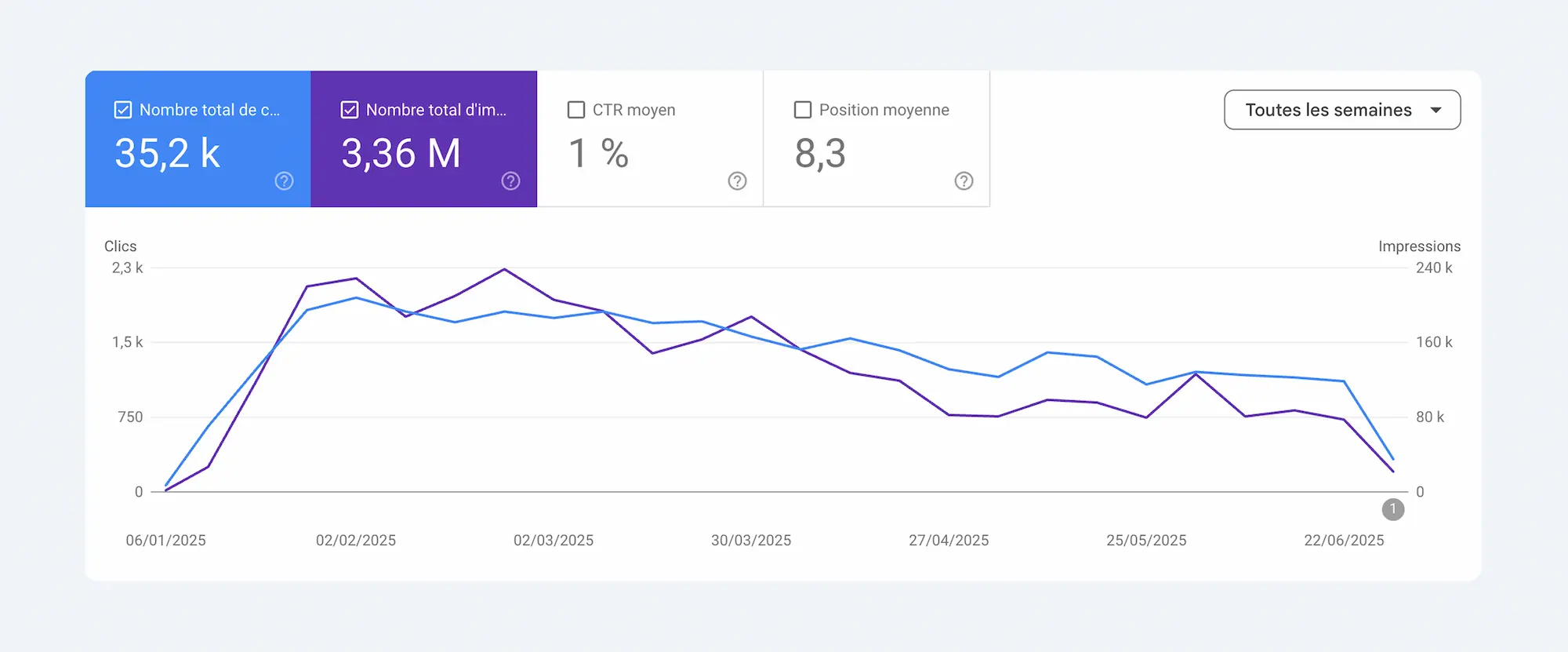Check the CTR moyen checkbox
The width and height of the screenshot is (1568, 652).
(x=576, y=110)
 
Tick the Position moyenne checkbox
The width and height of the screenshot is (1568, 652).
(x=803, y=110)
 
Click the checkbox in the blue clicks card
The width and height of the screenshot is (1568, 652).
(x=123, y=110)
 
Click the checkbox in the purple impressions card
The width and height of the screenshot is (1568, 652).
(x=350, y=110)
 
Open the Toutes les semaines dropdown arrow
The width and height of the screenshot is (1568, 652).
(x=1436, y=110)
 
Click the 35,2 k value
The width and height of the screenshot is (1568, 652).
(x=167, y=153)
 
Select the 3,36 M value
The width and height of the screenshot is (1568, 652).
(x=401, y=153)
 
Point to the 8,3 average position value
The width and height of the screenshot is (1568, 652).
(x=820, y=153)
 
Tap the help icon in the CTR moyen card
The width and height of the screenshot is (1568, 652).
(x=737, y=181)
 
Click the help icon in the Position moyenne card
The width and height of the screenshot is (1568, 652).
(x=964, y=181)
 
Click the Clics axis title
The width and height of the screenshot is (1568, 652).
(x=120, y=246)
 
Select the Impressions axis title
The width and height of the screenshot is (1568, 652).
(x=1419, y=246)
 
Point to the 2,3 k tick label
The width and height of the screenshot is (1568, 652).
(x=127, y=268)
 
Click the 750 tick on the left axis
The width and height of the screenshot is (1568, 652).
(x=130, y=417)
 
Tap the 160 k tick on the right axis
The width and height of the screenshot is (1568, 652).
(x=1434, y=342)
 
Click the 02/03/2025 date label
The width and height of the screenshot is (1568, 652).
(x=554, y=541)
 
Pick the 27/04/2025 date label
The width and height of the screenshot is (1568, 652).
(x=949, y=541)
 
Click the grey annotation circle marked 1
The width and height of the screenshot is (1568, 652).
(x=1393, y=509)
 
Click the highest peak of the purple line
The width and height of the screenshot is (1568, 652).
(x=505, y=270)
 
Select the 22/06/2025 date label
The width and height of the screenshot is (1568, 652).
(x=1344, y=541)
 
